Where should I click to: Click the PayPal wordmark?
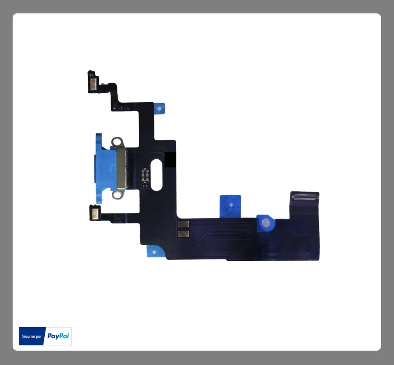(58, 336)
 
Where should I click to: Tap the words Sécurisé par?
(32, 336)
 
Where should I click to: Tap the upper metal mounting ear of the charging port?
(119, 142)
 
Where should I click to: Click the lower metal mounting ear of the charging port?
(119, 194)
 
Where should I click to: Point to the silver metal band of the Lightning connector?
(123, 168)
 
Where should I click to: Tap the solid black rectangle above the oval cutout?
(170, 160)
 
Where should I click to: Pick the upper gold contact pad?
(183, 224)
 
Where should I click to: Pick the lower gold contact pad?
(183, 234)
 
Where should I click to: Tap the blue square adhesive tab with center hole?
(231, 204)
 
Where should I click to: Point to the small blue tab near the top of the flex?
(159, 108)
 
